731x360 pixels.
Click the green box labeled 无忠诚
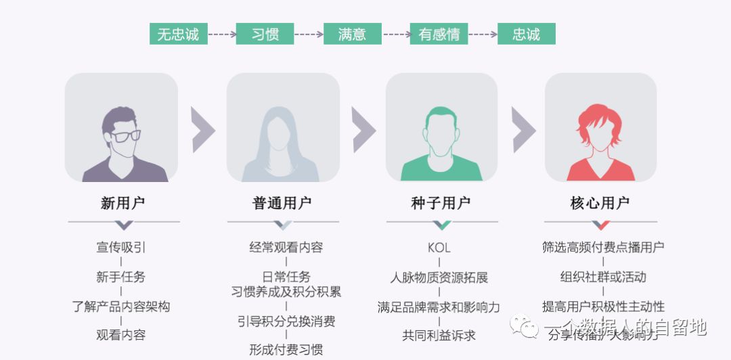tap(179, 34)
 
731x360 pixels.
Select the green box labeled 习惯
tap(265, 34)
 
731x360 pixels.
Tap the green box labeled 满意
tap(352, 34)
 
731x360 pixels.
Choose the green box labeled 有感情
tap(439, 34)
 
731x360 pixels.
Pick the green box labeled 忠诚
tap(526, 34)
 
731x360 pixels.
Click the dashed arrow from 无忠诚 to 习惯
tap(222, 34)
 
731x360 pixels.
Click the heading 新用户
tap(123, 203)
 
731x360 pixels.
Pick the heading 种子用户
tap(441, 203)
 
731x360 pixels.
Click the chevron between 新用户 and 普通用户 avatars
tap(203, 129)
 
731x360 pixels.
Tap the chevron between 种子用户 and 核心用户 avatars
tap(523, 129)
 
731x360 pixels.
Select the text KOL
tap(439, 248)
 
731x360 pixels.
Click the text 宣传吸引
tap(121, 248)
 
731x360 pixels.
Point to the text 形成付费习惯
tap(286, 350)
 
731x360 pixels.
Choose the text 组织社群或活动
tap(603, 277)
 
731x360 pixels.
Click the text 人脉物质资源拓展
tap(439, 277)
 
